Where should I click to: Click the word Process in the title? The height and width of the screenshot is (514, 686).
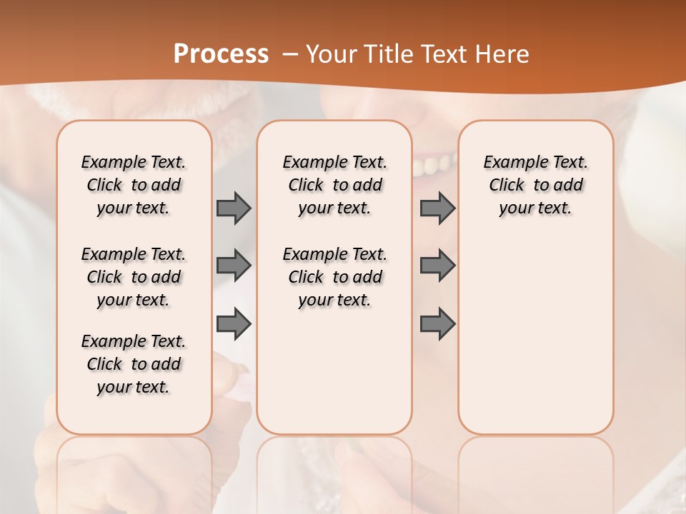[221, 54]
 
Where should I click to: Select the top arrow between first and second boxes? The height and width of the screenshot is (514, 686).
[234, 208]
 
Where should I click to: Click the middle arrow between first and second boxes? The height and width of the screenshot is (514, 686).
[234, 266]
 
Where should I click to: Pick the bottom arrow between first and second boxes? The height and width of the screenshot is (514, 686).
[234, 325]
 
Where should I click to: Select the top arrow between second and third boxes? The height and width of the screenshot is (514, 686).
[437, 208]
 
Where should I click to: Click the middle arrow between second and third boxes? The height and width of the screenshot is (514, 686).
[437, 266]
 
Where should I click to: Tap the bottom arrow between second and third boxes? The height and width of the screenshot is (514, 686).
[437, 325]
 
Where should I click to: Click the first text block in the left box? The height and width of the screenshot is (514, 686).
[134, 185]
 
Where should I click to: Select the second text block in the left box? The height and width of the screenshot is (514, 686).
[134, 277]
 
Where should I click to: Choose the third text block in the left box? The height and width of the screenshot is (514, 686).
[134, 364]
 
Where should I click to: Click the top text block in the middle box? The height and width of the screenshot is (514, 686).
[334, 185]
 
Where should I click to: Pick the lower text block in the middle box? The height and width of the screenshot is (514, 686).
[334, 277]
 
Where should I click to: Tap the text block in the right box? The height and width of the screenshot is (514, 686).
[536, 185]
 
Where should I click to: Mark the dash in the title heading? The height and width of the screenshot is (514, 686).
[290, 54]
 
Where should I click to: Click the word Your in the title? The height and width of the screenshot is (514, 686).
[331, 54]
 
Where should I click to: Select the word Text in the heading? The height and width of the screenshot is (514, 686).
[445, 54]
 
